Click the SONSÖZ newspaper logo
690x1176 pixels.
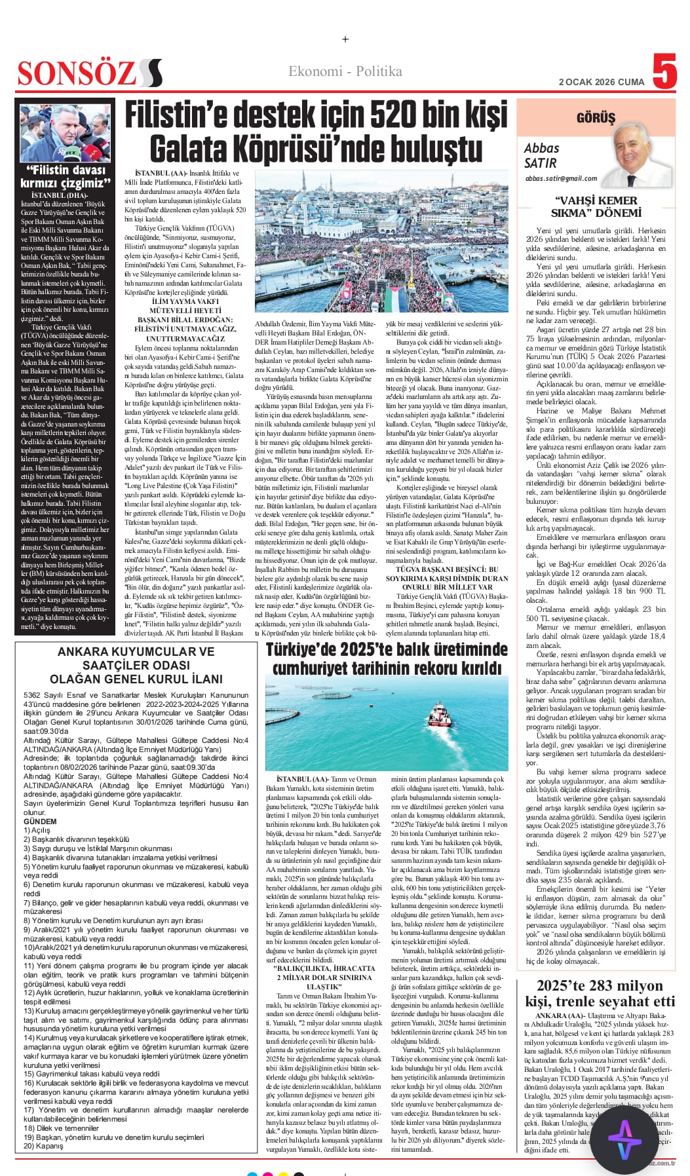click(x=89, y=73)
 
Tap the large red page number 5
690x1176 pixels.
click(x=664, y=72)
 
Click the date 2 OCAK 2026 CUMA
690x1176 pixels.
click(x=601, y=82)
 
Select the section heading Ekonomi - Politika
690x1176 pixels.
click(x=345, y=71)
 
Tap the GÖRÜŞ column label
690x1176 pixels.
click(x=595, y=118)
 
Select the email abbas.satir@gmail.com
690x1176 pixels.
click(x=560, y=178)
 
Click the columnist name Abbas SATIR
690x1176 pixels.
click(x=541, y=156)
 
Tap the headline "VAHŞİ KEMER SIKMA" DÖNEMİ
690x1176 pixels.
click(x=596, y=206)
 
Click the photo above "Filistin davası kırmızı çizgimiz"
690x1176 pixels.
click(x=65, y=134)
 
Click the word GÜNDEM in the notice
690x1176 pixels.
click(x=40, y=821)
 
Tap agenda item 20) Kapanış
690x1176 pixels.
click(x=43, y=1146)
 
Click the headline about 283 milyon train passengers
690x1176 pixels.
click(x=600, y=993)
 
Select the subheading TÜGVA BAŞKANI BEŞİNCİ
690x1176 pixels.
click(x=447, y=569)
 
